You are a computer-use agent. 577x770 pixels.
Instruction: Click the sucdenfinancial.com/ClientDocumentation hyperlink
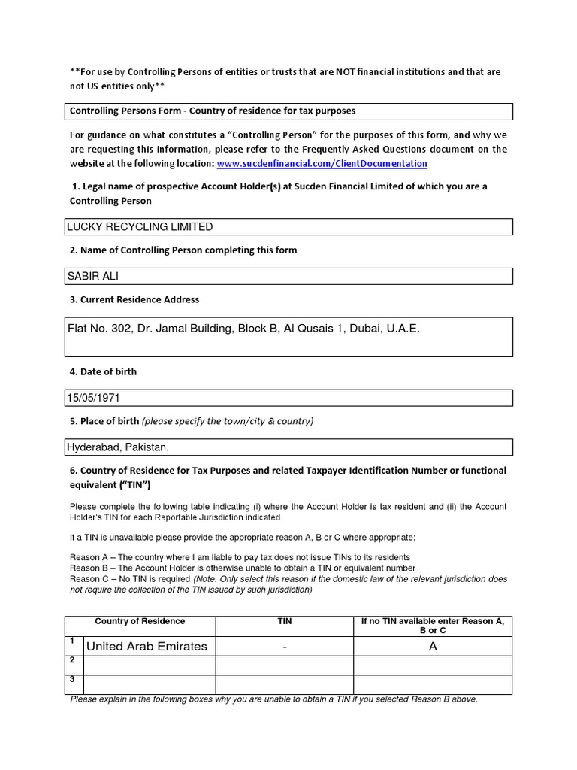[x=322, y=163]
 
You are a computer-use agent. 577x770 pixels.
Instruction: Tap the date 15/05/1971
[x=94, y=397]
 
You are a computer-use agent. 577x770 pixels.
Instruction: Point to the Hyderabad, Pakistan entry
[x=118, y=447]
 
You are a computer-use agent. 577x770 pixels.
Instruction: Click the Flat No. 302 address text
[x=243, y=329]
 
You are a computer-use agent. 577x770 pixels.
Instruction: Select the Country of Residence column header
[x=140, y=621]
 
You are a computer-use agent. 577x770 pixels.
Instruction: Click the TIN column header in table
[x=285, y=622]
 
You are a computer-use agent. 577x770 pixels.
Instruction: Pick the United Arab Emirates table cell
[x=147, y=647]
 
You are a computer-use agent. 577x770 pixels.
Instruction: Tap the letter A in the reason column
[x=433, y=647]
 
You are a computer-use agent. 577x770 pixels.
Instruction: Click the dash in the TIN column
[x=285, y=647]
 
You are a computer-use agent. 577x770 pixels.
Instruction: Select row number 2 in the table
[x=72, y=660]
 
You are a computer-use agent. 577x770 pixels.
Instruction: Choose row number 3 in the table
[x=72, y=679]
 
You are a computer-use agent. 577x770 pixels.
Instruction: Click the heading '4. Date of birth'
[x=103, y=371]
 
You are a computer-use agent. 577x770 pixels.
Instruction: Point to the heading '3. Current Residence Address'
[x=134, y=299]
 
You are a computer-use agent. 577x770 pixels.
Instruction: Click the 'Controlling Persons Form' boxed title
[x=213, y=111]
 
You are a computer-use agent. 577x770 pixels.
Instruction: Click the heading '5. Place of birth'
[x=104, y=421]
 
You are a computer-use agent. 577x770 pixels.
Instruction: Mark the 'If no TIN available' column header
[x=432, y=626]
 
